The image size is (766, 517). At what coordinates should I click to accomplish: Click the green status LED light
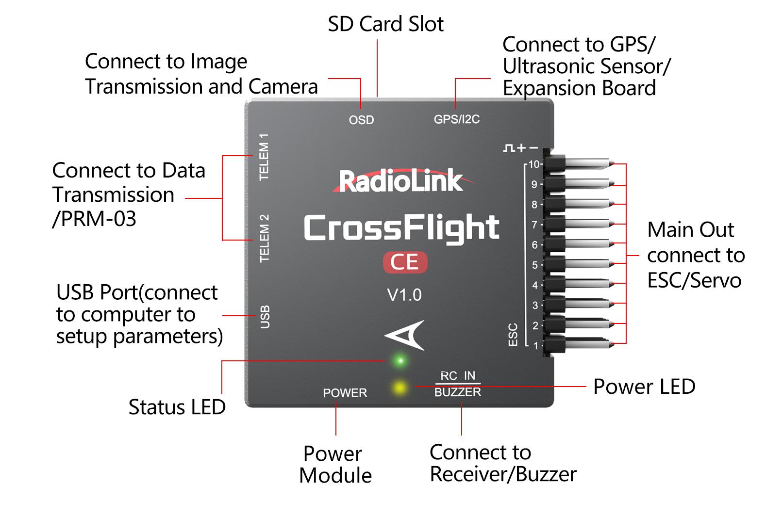[x=400, y=360]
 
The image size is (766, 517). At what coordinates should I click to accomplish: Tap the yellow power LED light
[x=400, y=387]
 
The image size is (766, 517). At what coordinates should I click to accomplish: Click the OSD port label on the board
[x=361, y=120]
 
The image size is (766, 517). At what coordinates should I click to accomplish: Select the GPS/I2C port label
[x=456, y=119]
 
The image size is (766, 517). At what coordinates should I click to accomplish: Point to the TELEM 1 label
[x=264, y=157]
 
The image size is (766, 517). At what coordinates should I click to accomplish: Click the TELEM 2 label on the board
[x=264, y=239]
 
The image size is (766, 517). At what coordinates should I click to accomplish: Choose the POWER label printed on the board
[x=345, y=393]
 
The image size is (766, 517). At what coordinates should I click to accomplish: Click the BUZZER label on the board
[x=458, y=392]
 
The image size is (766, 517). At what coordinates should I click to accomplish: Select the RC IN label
[x=458, y=376]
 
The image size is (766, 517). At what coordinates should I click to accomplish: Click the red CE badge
[x=405, y=262]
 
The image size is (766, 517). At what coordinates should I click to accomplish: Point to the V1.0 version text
[x=404, y=295]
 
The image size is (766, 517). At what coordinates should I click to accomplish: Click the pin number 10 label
[x=534, y=164]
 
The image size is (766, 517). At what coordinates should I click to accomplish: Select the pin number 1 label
[x=535, y=345]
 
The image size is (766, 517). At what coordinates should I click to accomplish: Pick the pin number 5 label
[x=535, y=265]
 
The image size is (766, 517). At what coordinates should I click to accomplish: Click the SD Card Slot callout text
[x=385, y=24]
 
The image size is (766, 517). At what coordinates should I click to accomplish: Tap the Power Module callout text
[x=335, y=464]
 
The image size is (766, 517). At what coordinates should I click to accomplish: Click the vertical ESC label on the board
[x=513, y=335]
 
